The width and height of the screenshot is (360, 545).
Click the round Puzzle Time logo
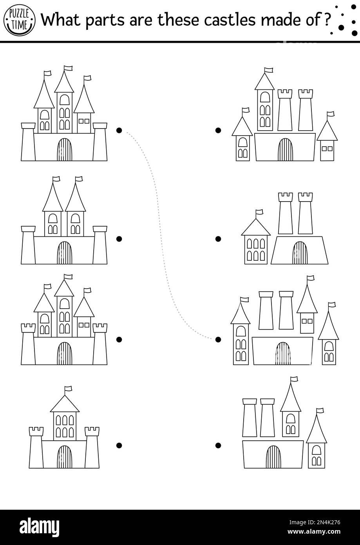click(x=20, y=19)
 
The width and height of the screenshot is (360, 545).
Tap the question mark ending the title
click(x=326, y=20)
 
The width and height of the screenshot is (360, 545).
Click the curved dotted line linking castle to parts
click(x=159, y=220)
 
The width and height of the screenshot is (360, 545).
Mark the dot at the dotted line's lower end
click(x=218, y=339)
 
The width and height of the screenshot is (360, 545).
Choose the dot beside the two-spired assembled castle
click(x=119, y=238)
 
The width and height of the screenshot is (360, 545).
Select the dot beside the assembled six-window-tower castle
click(x=119, y=445)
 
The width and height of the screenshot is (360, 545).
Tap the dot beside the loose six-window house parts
click(x=218, y=238)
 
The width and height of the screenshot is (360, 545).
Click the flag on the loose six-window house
click(x=259, y=213)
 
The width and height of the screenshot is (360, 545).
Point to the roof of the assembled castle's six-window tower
click(x=65, y=404)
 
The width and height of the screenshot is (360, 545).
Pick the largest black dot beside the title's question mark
click(x=342, y=28)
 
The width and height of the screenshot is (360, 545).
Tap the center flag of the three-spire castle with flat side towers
click(x=68, y=68)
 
